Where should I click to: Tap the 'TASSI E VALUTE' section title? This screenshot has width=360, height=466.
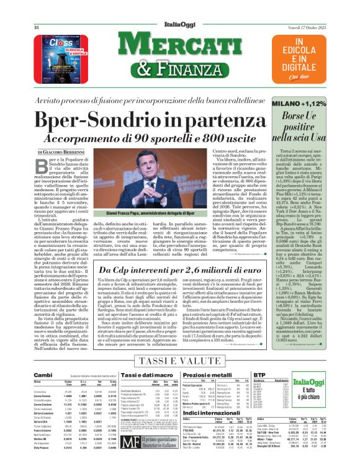pos(179,361)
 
